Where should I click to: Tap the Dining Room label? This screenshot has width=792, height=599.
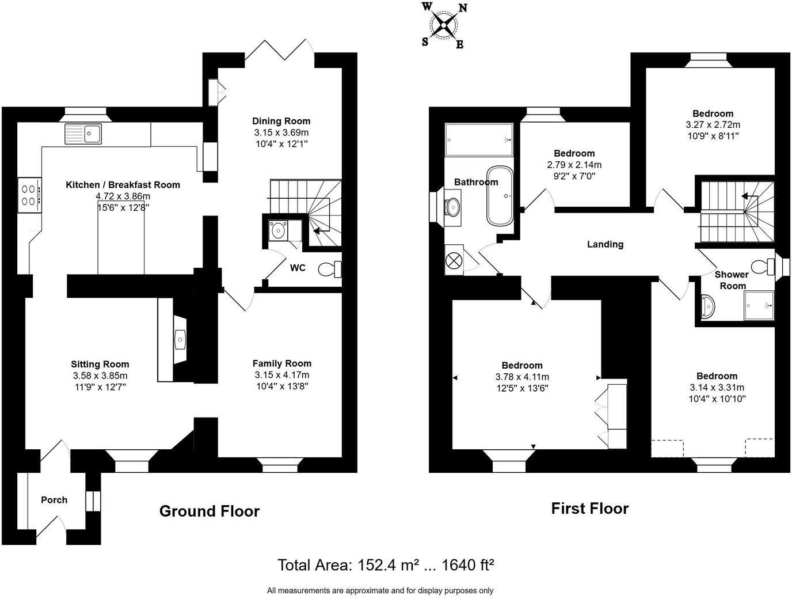(x=281, y=121)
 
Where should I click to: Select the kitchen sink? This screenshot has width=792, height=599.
(x=83, y=134)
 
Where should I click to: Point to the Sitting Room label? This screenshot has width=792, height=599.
(x=100, y=364)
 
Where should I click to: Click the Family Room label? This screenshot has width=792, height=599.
(x=282, y=363)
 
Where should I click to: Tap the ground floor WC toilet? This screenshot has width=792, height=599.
(x=331, y=269)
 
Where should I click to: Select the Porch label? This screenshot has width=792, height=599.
(x=54, y=500)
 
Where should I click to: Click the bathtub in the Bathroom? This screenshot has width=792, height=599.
(x=498, y=196)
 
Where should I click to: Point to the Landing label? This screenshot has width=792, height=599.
(x=605, y=244)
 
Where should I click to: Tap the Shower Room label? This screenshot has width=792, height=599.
(x=732, y=280)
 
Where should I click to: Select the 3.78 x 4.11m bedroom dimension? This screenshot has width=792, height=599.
(x=522, y=377)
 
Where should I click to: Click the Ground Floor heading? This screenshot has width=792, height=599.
(x=210, y=511)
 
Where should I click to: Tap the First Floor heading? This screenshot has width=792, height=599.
(x=590, y=508)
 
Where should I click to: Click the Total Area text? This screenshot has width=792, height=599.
(x=386, y=565)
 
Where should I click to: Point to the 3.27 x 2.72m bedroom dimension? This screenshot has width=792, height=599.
(x=713, y=124)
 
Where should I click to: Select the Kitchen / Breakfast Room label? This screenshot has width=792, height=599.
(x=123, y=185)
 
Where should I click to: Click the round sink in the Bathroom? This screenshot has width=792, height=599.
(x=452, y=206)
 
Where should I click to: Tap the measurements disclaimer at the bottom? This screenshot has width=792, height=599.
(x=380, y=590)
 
